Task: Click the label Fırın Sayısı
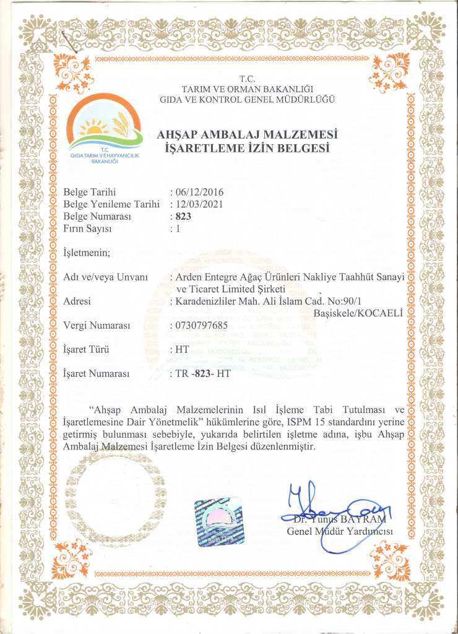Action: click(87, 228)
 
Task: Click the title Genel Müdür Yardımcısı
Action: click(340, 531)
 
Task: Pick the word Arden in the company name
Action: click(189, 277)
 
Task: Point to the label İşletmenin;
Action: click(87, 252)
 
